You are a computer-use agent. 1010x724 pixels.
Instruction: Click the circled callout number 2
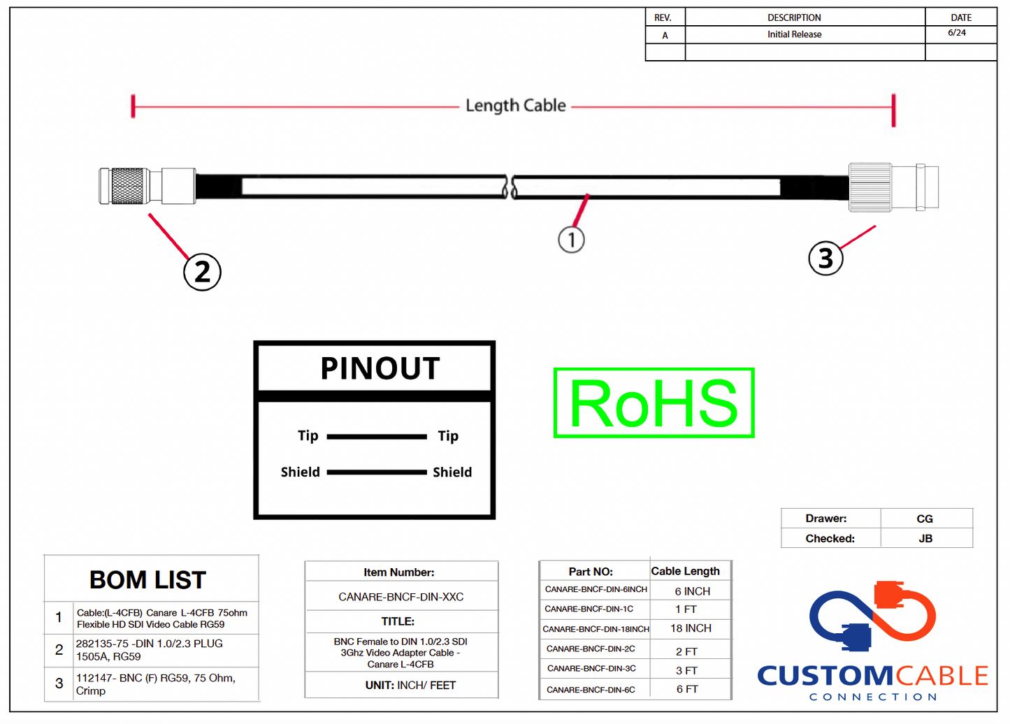click(x=202, y=272)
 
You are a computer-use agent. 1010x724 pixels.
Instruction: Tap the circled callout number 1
click(x=571, y=240)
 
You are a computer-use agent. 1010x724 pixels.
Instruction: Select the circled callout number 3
click(x=825, y=258)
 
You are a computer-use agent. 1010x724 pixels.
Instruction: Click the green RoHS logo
click(x=654, y=403)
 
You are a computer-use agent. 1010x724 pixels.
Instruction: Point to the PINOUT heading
click(x=380, y=368)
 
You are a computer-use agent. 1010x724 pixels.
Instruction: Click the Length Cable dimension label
click(x=516, y=106)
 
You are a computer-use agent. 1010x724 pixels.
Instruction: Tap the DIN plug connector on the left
click(x=147, y=186)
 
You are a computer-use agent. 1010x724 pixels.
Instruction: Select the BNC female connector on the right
click(x=893, y=187)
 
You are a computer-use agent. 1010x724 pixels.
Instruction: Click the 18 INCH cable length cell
click(x=691, y=628)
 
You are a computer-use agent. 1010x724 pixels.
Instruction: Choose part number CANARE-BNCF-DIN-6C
click(x=591, y=690)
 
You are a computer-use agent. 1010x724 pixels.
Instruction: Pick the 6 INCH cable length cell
click(x=692, y=591)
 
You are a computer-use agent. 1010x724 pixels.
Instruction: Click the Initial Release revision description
click(x=794, y=34)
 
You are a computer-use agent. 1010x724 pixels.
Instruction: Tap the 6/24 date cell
click(x=957, y=33)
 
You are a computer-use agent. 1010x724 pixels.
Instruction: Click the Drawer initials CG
click(x=925, y=519)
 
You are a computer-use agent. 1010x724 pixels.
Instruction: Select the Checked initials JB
click(x=925, y=539)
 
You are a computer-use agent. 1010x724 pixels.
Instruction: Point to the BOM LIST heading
click(x=147, y=580)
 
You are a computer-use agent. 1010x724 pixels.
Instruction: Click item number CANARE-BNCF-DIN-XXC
click(x=401, y=597)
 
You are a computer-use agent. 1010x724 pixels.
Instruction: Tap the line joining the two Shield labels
click(x=377, y=472)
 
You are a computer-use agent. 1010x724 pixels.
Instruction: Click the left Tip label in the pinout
click(x=308, y=436)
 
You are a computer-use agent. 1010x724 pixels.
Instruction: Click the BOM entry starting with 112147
click(x=155, y=684)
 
